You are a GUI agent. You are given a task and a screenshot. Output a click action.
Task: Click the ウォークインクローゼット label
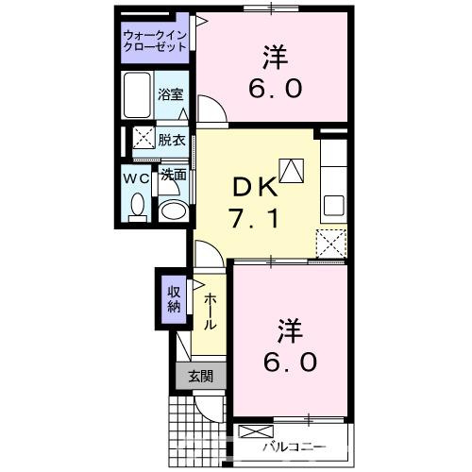point(156,42)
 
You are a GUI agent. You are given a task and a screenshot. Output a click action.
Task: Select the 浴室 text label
point(172,95)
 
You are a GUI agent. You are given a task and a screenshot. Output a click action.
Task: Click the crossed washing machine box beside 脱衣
point(143,138)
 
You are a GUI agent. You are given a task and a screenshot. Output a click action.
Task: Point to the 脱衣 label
point(172,138)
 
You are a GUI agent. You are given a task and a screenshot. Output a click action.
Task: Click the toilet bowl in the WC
point(138,205)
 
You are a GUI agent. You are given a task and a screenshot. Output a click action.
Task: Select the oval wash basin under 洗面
point(173,209)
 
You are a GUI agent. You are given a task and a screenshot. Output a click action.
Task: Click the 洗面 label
point(172,176)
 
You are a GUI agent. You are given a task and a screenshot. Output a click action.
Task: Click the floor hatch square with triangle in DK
point(294,171)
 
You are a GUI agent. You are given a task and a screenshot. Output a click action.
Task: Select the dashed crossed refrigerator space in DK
point(331,242)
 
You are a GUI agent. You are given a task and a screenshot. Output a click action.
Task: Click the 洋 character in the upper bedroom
point(276,57)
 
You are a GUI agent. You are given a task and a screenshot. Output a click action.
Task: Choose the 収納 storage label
point(174,298)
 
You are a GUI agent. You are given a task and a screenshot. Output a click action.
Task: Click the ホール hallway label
point(209,309)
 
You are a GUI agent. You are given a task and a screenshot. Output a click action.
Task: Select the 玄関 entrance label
point(199,376)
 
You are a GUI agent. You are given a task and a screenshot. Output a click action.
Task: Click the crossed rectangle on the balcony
point(252,433)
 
